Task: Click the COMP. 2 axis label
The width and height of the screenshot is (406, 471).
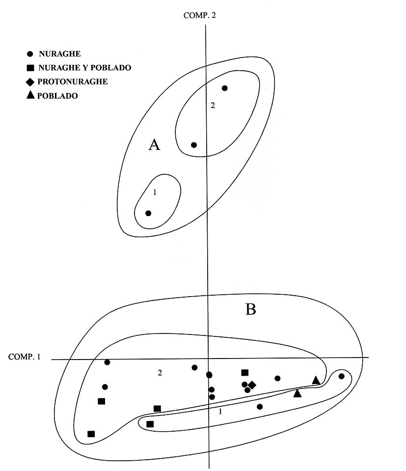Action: pyautogui.click(x=199, y=15)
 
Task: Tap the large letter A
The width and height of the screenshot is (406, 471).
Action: pyautogui.click(x=154, y=144)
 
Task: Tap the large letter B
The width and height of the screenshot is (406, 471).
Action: pyautogui.click(x=250, y=309)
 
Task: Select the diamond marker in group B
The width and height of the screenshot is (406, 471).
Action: pyautogui.click(x=252, y=385)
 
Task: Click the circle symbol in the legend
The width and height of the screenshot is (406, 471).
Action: pyautogui.click(x=30, y=54)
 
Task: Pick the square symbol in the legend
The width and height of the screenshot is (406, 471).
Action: pyautogui.click(x=30, y=68)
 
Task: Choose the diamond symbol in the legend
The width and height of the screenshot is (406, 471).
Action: pyautogui.click(x=30, y=82)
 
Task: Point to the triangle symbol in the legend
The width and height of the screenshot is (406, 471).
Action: pyautogui.click(x=30, y=95)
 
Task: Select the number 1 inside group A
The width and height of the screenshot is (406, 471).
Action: pyautogui.click(x=155, y=193)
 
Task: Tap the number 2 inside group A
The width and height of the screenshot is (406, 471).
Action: pyautogui.click(x=213, y=105)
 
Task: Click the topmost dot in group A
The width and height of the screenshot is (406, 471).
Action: pyautogui.click(x=225, y=88)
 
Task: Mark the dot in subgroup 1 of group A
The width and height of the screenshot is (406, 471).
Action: pyautogui.click(x=148, y=213)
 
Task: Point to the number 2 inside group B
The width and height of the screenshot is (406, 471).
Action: pyautogui.click(x=160, y=373)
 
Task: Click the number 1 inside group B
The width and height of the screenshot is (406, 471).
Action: pyautogui.click(x=220, y=412)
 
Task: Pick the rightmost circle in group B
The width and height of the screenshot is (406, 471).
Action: pyautogui.click(x=342, y=376)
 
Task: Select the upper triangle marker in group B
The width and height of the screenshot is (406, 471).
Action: pyautogui.click(x=316, y=380)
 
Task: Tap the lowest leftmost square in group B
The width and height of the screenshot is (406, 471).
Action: pyautogui.click(x=91, y=434)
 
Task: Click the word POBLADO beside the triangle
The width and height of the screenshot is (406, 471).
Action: pyautogui.click(x=57, y=96)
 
